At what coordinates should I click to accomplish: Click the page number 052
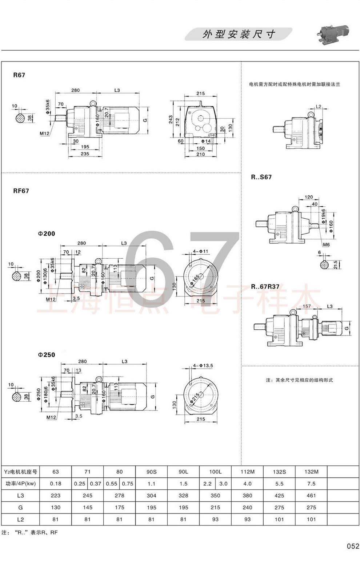[x=352, y=546]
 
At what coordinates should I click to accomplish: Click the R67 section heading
[x=19, y=75]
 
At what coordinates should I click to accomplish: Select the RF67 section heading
[x=21, y=191]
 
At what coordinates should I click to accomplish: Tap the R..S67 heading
[x=261, y=177]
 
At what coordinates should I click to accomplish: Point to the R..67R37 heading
[x=265, y=287]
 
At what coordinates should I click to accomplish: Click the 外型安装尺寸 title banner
[x=239, y=34]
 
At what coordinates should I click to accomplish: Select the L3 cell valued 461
[x=311, y=496]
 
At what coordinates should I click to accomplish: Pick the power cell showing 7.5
[x=311, y=484]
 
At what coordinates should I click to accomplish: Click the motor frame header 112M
[x=247, y=472]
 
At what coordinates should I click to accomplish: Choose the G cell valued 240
[x=247, y=508]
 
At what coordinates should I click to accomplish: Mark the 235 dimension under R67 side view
[x=85, y=154]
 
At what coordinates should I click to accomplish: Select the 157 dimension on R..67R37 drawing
[x=307, y=306]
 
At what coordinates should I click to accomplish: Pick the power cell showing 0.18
[x=56, y=484]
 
